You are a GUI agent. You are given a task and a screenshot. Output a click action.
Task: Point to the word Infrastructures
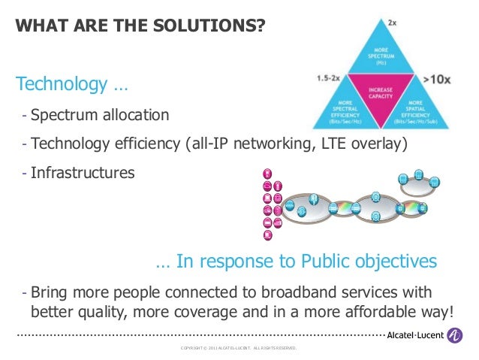pyautogui.click(x=83, y=173)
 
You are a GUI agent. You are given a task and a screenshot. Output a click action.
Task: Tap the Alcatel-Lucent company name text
pyautogui.click(x=414, y=337)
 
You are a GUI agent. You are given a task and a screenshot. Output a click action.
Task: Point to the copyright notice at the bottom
pyautogui.click(x=239, y=349)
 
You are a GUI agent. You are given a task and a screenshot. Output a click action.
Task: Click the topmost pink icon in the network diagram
pyautogui.click(x=267, y=172)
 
